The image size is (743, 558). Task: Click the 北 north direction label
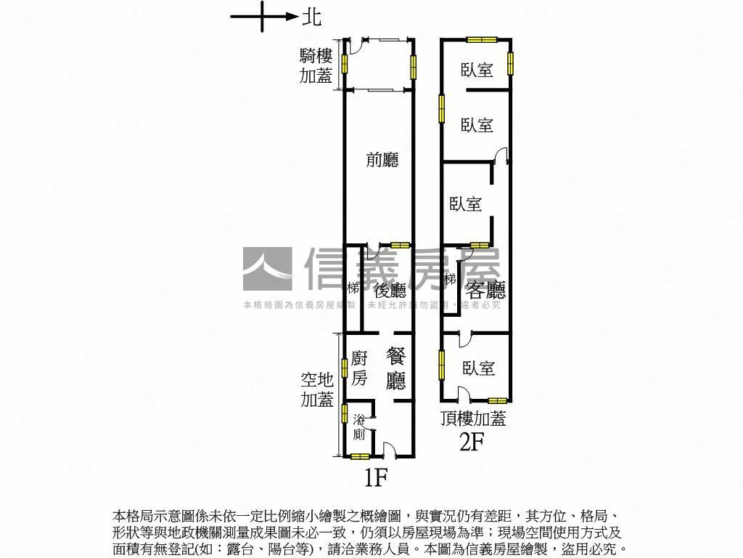pos(313,17)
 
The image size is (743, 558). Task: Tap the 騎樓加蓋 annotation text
pos(316,66)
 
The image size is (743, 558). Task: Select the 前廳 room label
pos(382,160)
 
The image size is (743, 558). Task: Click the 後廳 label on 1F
pos(390,291)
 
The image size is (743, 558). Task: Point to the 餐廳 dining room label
pos(396,368)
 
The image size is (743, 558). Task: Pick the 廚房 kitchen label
pos(359,368)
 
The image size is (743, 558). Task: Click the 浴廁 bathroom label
pos(359,427)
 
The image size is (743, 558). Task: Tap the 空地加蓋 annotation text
pos(317,389)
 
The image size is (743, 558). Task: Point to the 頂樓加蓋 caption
pos(473,418)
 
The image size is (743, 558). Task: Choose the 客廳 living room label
pos(485,291)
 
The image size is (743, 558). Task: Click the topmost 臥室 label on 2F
pos(477,70)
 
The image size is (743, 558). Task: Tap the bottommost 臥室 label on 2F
pos(478,368)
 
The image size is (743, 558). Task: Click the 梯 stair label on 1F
pos(353,288)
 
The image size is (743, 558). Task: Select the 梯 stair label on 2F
pos(450,280)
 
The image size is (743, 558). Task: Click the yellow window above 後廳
pos(400,245)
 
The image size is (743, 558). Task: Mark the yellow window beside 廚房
pos(345,368)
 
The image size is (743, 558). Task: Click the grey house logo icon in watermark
pos(267,269)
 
